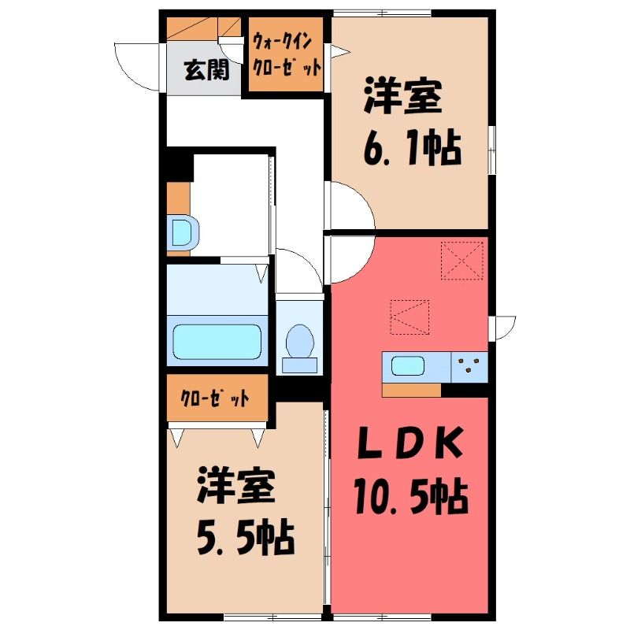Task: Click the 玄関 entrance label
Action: [206, 70]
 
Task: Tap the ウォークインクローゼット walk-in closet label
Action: [287, 54]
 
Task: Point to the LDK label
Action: [409, 443]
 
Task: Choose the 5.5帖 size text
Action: [246, 536]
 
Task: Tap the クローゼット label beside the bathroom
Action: [215, 398]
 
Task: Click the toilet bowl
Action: [300, 341]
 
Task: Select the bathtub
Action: [217, 342]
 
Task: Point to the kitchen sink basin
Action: [408, 365]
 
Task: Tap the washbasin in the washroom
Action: [183, 233]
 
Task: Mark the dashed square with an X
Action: [461, 261]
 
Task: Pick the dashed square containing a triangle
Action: [409, 317]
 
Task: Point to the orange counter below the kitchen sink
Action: [411, 390]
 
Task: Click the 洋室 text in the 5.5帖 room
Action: [235, 485]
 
